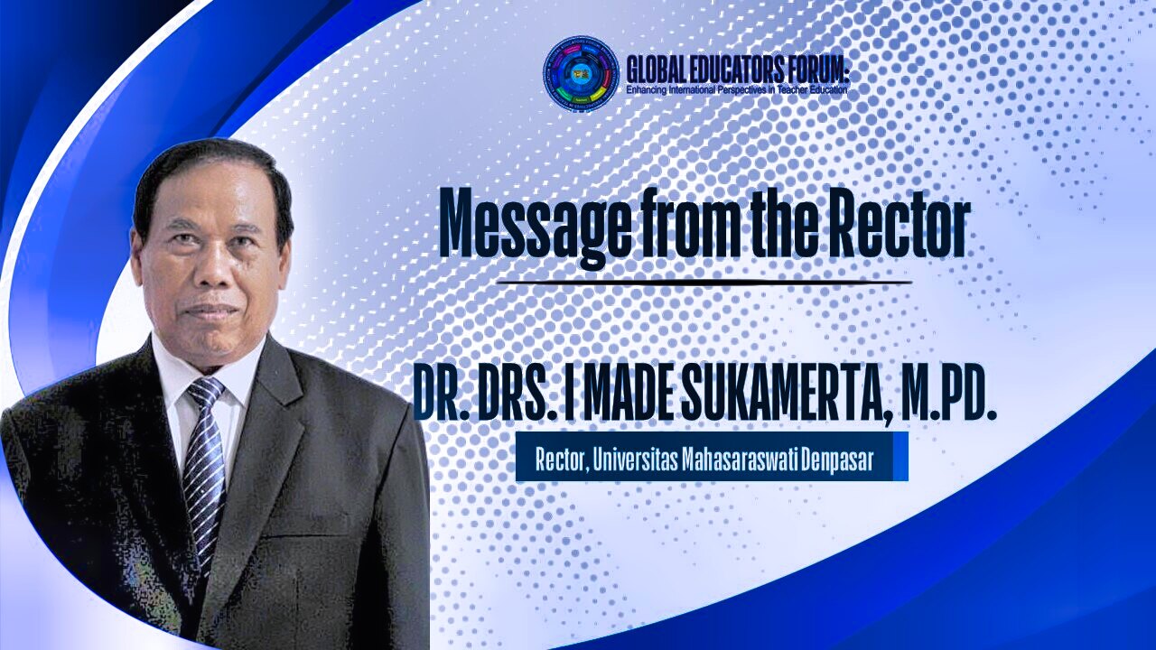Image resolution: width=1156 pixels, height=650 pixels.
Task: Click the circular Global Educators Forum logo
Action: (582, 74)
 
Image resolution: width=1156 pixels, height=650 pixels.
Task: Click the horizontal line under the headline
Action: (704, 283)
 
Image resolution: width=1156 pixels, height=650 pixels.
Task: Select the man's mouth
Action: (212, 310)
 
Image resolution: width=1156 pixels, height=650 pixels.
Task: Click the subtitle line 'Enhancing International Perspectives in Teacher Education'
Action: (736, 90)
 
